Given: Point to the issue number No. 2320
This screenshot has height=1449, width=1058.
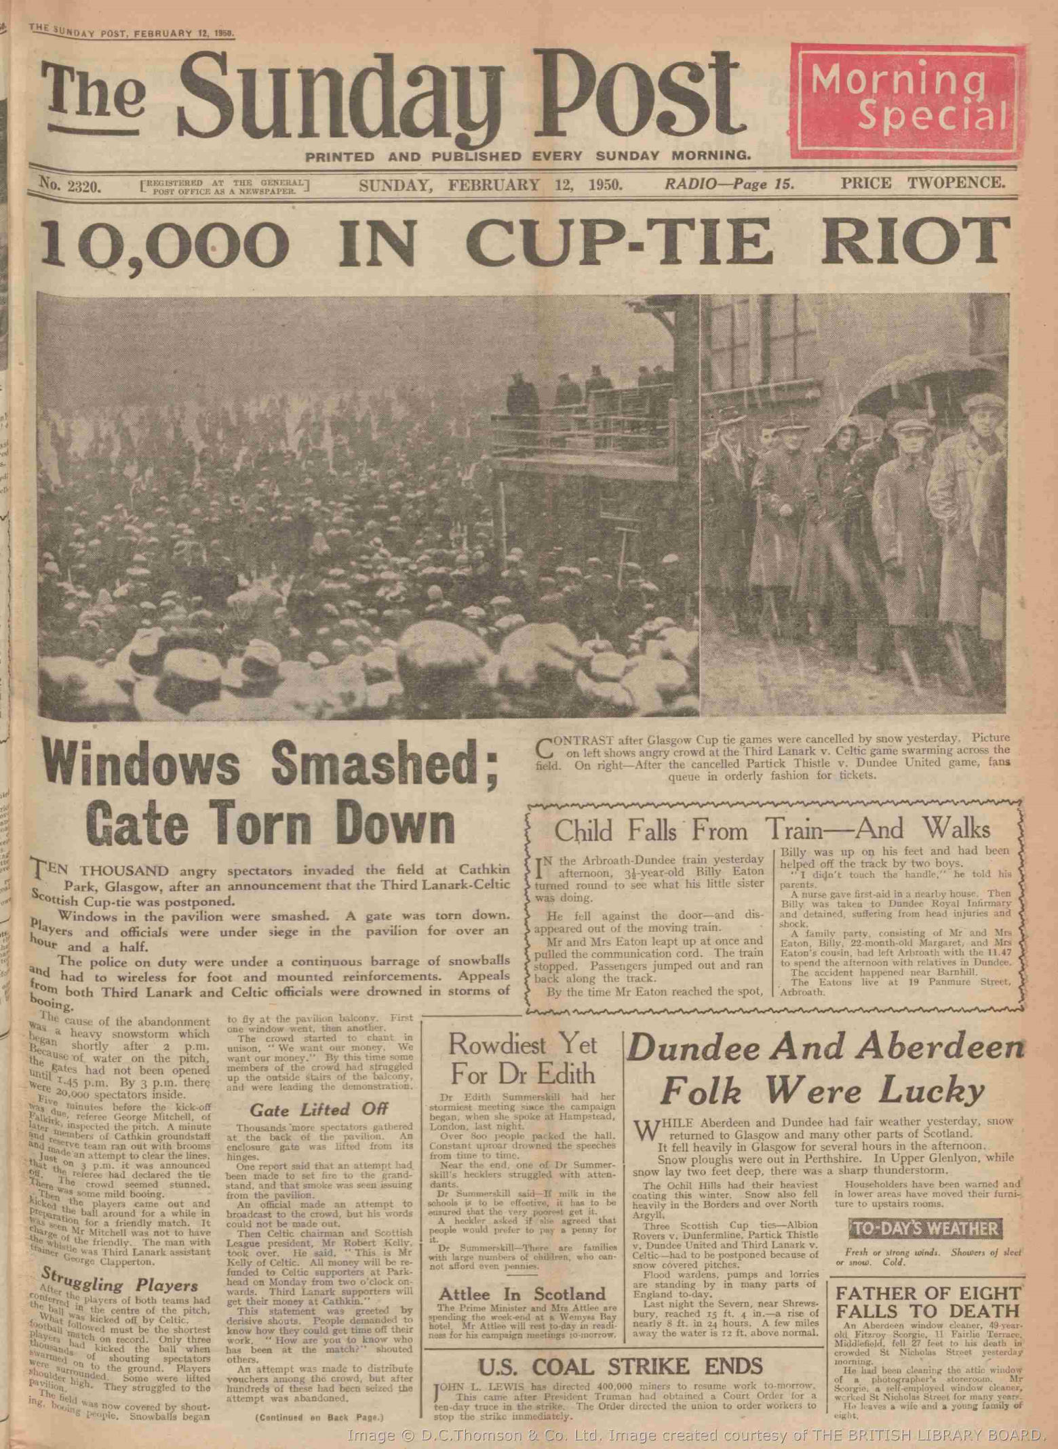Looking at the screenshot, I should click(x=70, y=184).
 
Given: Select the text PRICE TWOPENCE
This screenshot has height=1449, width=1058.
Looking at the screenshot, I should click(x=922, y=182).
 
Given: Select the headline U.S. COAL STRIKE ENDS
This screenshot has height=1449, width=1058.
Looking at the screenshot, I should click(x=621, y=1365).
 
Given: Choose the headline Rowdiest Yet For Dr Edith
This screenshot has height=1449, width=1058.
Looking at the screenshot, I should click(x=522, y=1059).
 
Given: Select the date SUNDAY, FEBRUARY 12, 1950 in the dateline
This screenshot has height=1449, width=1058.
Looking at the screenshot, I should click(x=490, y=184).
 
